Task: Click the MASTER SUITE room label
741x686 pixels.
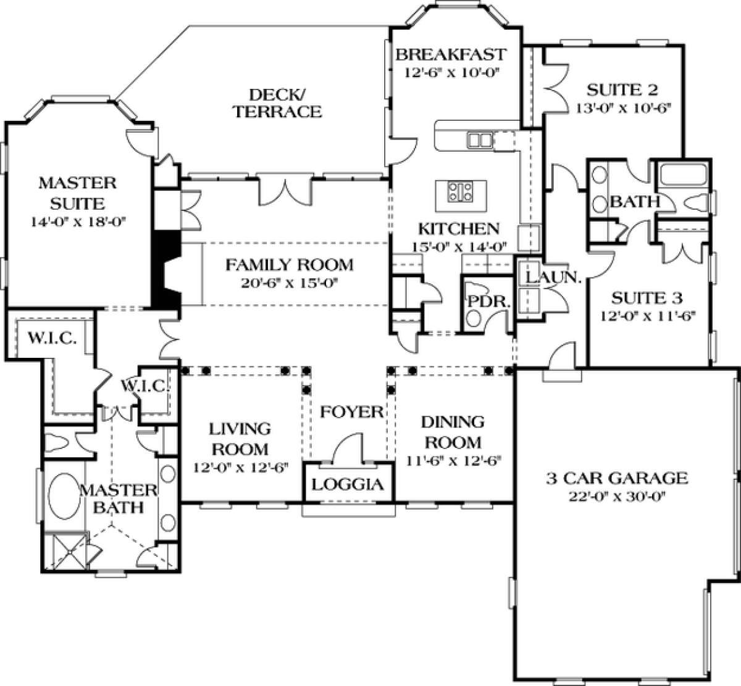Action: [x=77, y=192]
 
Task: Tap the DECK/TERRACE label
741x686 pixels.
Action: [x=277, y=103]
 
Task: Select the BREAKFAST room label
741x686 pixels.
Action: [x=451, y=54]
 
